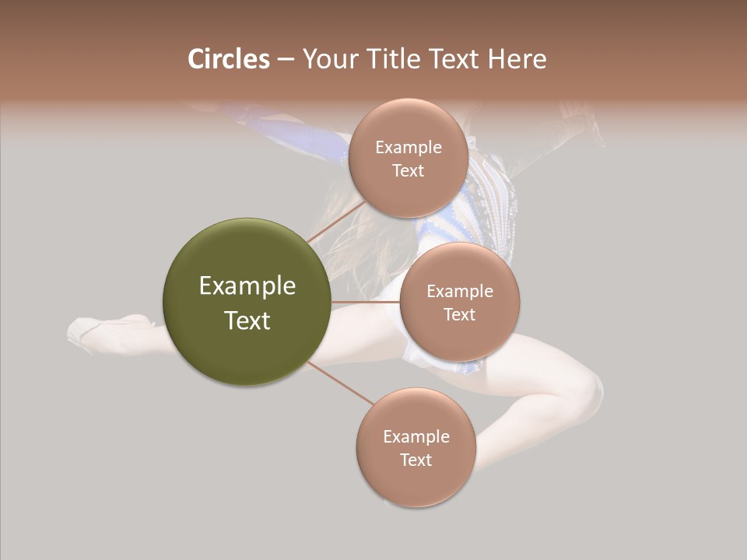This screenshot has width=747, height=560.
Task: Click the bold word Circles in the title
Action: (228, 59)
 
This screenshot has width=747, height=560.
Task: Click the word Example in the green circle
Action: (247, 286)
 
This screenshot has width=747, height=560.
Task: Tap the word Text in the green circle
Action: (247, 320)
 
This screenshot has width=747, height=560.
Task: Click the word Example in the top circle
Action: (408, 148)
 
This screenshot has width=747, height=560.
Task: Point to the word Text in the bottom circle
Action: (416, 460)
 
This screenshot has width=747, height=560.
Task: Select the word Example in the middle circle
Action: (459, 292)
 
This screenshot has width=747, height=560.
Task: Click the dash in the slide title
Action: (285, 59)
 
